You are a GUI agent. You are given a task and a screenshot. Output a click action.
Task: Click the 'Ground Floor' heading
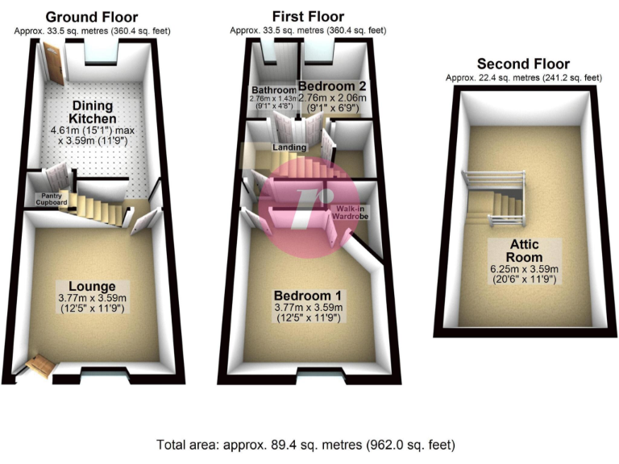tap(91, 17)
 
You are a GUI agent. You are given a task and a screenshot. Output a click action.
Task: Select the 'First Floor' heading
tap(308, 17)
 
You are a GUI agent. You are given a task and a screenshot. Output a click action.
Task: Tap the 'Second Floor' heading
tap(524, 64)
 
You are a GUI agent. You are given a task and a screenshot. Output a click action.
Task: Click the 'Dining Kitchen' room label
tap(92, 113)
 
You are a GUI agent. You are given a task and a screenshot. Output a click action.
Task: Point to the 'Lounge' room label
tap(92, 286)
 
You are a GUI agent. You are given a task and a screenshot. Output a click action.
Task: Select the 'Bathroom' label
tap(272, 89)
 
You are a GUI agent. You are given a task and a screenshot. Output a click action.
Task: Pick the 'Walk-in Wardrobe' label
tap(351, 213)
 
